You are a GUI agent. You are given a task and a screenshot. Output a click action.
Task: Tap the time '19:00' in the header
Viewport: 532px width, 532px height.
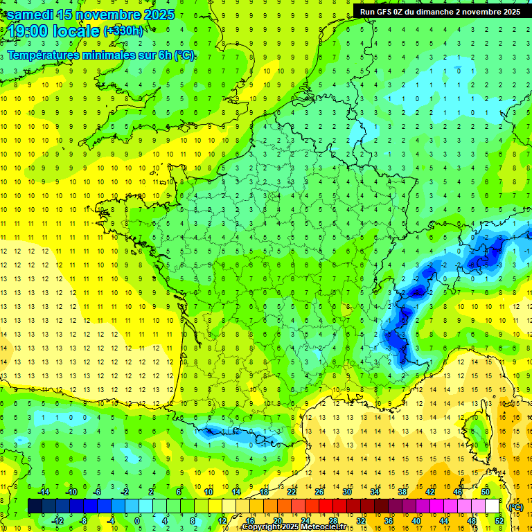point(28,31)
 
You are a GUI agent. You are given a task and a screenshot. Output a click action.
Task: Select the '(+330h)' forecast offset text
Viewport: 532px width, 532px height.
point(123,31)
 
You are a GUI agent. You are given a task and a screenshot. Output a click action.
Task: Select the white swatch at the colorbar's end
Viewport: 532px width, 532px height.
point(493,506)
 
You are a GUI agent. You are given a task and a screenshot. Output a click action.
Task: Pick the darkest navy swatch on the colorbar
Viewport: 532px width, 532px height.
point(35,506)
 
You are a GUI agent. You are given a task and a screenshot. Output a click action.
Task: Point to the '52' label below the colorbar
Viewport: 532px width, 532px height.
point(499,521)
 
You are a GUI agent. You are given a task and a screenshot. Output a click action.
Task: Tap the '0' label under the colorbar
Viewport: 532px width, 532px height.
point(137,521)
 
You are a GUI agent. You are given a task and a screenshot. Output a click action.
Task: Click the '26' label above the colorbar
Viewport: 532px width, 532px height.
point(319,492)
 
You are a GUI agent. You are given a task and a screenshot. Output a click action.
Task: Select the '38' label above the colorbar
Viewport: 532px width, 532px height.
point(402,492)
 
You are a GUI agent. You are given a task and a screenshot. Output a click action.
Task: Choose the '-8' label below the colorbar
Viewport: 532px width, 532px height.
point(84,521)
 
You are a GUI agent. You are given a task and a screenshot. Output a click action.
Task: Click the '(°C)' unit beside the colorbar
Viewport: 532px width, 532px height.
point(515,507)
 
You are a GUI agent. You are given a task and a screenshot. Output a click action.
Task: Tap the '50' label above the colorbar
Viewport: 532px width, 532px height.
point(486,492)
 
